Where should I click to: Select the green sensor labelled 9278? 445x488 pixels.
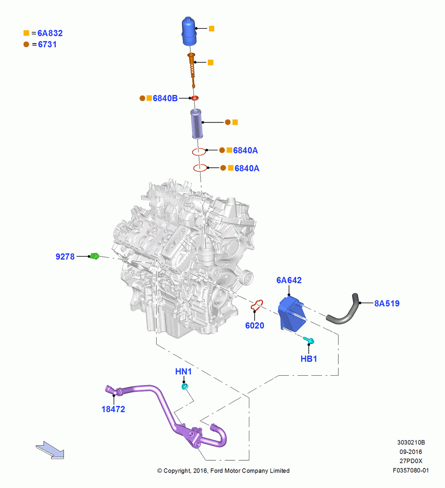[94, 256]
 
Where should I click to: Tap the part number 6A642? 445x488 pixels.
[289, 280]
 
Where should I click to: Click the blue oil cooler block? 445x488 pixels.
[291, 313]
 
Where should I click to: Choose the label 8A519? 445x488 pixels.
[387, 303]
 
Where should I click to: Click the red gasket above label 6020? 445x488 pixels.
[257, 305]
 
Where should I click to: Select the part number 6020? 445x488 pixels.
[255, 325]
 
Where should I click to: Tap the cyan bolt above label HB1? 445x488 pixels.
[309, 341]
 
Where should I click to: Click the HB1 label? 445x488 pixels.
[309, 359]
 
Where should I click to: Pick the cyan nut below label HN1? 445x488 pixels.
[185, 386]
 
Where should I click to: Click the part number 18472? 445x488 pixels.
[113, 409]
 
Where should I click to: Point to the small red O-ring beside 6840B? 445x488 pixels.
[195, 98]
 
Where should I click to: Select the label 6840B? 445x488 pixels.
[165, 98]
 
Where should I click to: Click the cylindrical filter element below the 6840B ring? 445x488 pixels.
[197, 123]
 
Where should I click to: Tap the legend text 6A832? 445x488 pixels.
[50, 33]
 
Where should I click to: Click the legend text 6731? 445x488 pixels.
[47, 44]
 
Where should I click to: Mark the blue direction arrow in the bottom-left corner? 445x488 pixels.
[50, 450]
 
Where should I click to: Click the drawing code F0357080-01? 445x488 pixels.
[411, 470]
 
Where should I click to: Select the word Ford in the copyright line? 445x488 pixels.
[217, 470]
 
